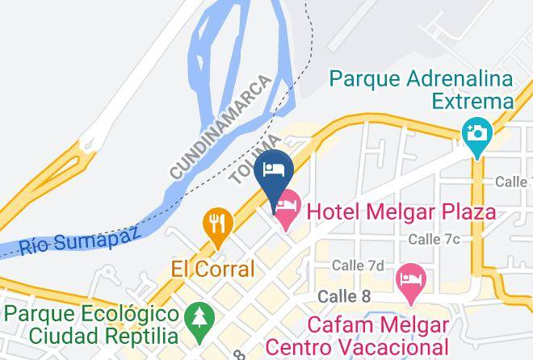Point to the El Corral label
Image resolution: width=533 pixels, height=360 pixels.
(213, 268)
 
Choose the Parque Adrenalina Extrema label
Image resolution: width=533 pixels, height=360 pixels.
(422, 90)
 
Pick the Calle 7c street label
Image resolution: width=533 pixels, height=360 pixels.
(434, 239)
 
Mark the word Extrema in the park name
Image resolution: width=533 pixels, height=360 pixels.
(472, 101)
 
